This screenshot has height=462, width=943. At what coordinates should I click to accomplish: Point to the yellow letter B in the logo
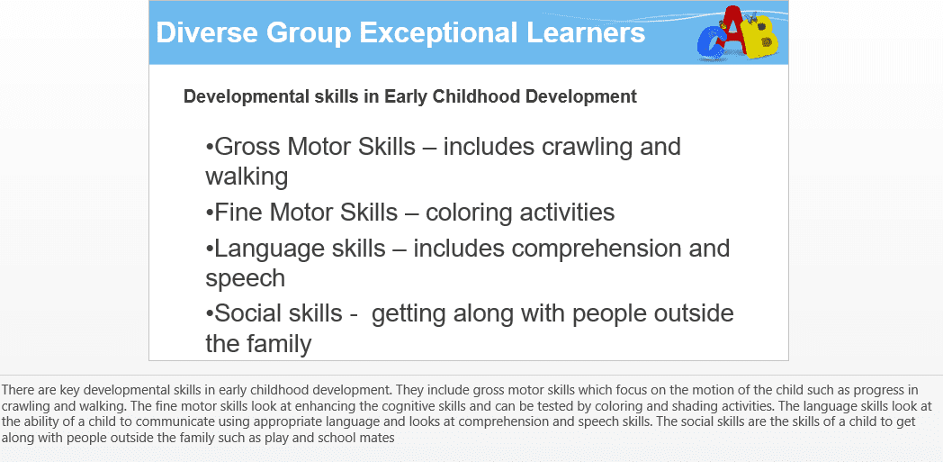[x=763, y=38]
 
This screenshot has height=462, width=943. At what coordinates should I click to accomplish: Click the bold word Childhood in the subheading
[x=477, y=96]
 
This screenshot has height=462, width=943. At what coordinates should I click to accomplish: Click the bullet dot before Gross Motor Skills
[x=210, y=148]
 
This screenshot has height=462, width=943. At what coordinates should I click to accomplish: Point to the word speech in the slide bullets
[x=246, y=279]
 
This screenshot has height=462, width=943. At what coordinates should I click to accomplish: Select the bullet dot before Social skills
[x=210, y=314]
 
